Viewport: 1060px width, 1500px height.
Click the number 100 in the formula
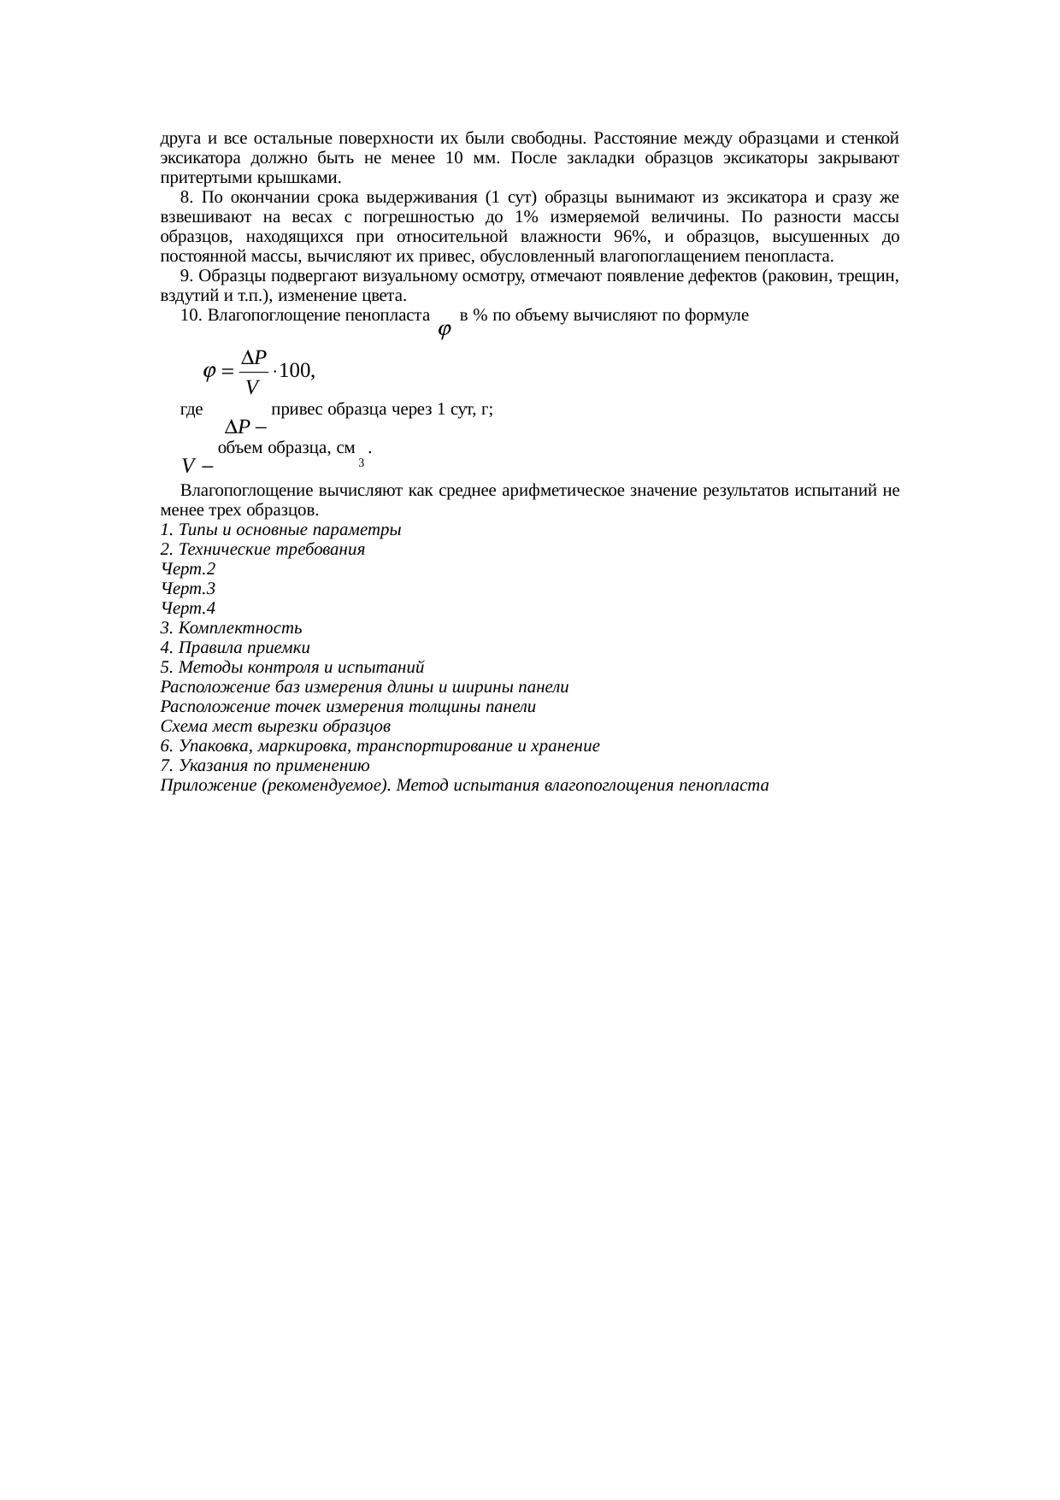[x=298, y=371]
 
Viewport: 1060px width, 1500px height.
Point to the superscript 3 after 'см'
[x=362, y=462]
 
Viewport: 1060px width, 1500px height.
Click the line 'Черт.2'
[x=188, y=569]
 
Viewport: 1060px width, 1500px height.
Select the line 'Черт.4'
[x=188, y=609]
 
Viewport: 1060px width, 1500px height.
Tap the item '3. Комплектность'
[x=231, y=628]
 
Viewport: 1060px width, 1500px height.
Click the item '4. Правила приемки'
[x=235, y=648]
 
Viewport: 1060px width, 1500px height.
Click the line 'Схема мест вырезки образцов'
[x=275, y=726]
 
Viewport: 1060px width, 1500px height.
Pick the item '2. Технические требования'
[x=262, y=550]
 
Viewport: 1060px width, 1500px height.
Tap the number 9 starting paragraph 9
[x=185, y=277]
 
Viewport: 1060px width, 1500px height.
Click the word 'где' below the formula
[x=191, y=409]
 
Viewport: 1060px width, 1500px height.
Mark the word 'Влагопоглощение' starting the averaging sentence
[x=242, y=491]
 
